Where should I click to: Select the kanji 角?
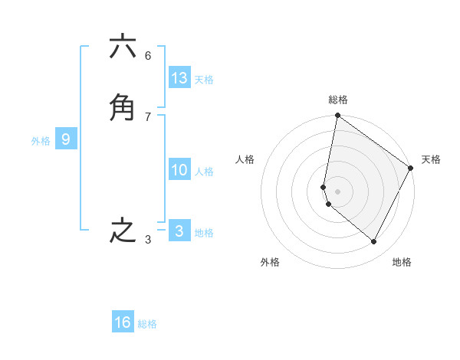[123, 108]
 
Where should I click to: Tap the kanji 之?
[123, 231]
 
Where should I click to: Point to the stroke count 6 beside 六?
[148, 55]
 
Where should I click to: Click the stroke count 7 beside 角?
[148, 116]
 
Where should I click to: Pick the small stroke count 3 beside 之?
[148, 240]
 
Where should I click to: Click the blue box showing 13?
[179, 78]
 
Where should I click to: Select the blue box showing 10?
[179, 170]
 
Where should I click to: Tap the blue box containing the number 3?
[179, 231]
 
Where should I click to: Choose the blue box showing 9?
[66, 139]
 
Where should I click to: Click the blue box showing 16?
[123, 322]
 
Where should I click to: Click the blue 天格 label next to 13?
[204, 80]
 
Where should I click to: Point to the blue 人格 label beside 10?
[204, 172]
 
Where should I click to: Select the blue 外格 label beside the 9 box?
[41, 141]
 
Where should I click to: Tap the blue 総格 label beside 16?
[147, 324]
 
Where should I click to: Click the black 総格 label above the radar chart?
[338, 100]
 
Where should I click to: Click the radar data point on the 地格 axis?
[374, 241]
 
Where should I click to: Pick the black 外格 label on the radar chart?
[270, 262]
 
